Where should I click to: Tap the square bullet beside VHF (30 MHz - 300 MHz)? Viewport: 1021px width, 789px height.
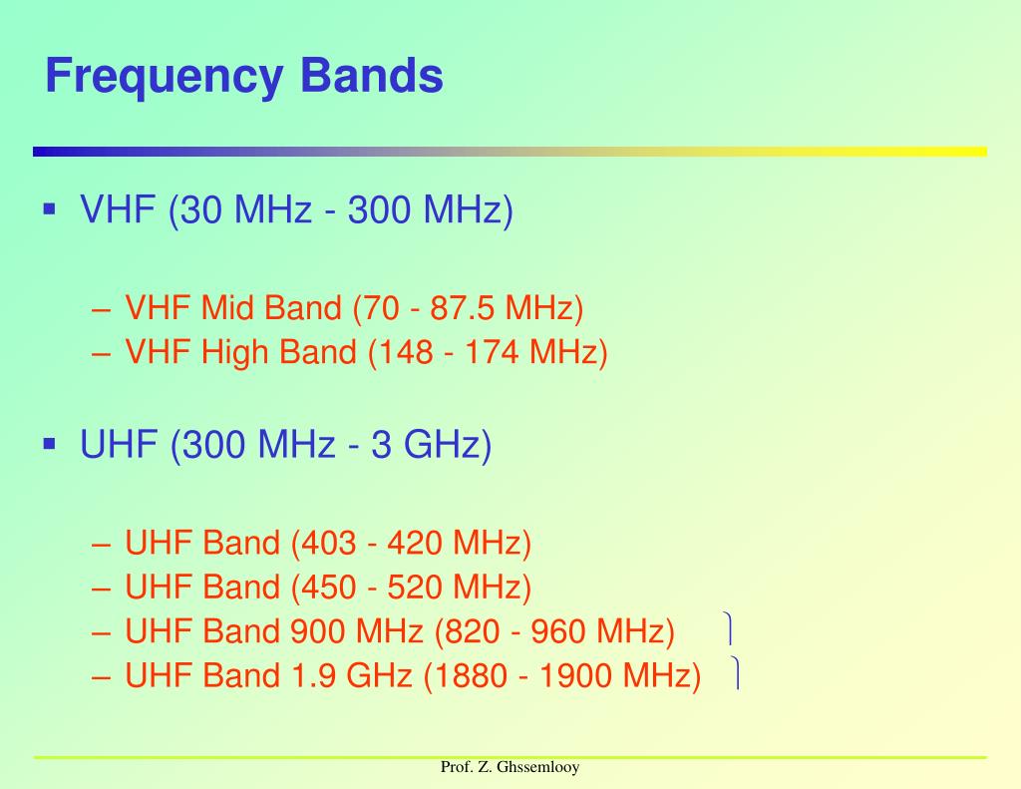point(49,208)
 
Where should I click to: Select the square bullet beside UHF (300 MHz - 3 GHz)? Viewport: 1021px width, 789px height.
point(49,442)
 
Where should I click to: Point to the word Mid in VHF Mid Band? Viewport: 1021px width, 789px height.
point(228,308)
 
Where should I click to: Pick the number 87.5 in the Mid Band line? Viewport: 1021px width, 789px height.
point(463,308)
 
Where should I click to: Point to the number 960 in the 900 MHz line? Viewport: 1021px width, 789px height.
point(558,631)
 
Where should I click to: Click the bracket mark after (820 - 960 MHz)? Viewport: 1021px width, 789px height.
point(731,629)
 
